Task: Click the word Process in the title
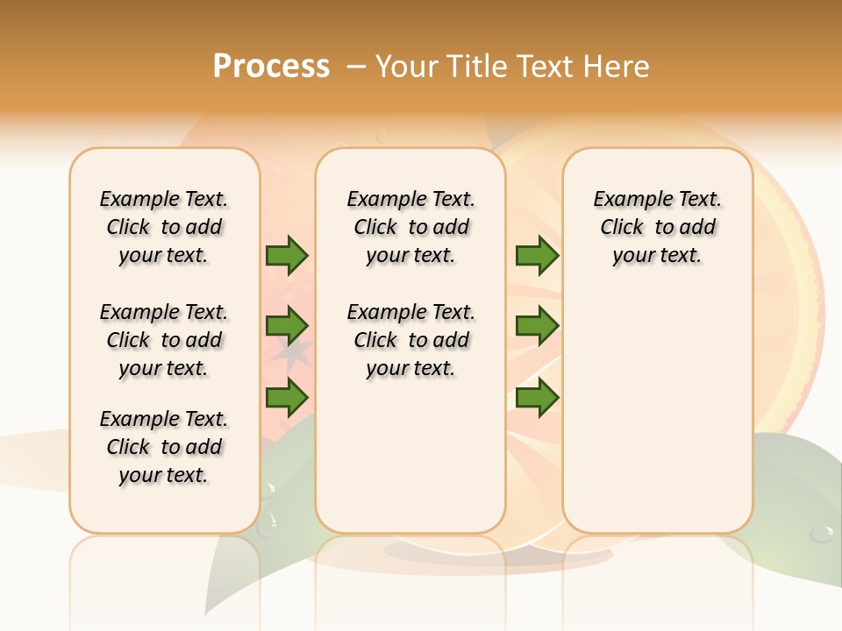(271, 66)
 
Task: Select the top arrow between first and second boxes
(287, 256)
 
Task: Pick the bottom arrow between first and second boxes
(287, 398)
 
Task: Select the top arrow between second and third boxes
(537, 256)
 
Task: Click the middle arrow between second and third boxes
(537, 326)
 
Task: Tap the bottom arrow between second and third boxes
(537, 398)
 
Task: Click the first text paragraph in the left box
(164, 227)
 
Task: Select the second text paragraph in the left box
(164, 340)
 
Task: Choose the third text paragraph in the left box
(164, 447)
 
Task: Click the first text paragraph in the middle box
(410, 227)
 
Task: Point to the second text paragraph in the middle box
(410, 340)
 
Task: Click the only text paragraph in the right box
(657, 227)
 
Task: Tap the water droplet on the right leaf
(822, 532)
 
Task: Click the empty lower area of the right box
(657, 421)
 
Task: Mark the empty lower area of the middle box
(410, 456)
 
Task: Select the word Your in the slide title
(408, 67)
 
